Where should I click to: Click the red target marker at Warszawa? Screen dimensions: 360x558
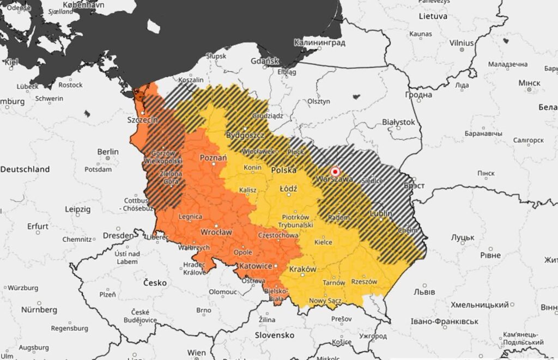[335, 170]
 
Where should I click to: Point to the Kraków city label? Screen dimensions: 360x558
[303, 269]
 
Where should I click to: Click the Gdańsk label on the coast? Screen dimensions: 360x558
[264, 60]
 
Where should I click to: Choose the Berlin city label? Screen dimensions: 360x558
[107, 151]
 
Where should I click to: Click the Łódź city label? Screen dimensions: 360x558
[288, 188]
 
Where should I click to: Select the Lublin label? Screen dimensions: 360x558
[381, 213]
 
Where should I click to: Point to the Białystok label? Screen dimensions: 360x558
[398, 122]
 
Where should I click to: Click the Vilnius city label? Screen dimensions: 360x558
[462, 42]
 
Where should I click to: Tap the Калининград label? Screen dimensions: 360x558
[320, 42]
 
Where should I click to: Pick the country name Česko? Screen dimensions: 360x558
[155, 283]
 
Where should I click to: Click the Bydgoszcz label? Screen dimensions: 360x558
[245, 135]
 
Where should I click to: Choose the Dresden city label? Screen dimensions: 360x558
[118, 236]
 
